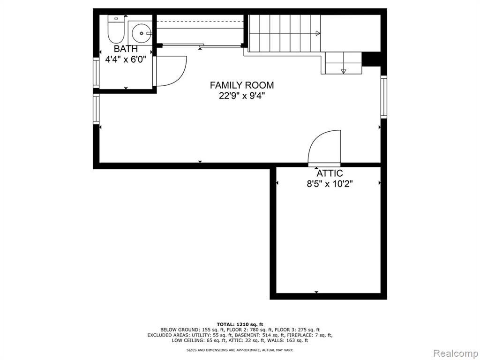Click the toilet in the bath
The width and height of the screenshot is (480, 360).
(116, 29)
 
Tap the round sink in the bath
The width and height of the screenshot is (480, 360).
(142, 33)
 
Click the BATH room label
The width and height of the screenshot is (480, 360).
(126, 49)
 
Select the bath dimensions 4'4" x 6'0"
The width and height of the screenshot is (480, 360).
(126, 59)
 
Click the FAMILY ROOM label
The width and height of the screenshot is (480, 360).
(242, 85)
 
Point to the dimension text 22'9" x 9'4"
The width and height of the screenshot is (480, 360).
(242, 96)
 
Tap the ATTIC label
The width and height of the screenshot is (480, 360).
(330, 173)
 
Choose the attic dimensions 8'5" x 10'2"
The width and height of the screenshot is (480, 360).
(330, 184)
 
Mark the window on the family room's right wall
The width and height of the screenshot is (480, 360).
(384, 97)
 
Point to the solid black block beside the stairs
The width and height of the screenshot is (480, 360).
(371, 59)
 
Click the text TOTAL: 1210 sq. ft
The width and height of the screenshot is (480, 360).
(240, 324)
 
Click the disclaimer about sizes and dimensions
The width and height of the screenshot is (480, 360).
(240, 350)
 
